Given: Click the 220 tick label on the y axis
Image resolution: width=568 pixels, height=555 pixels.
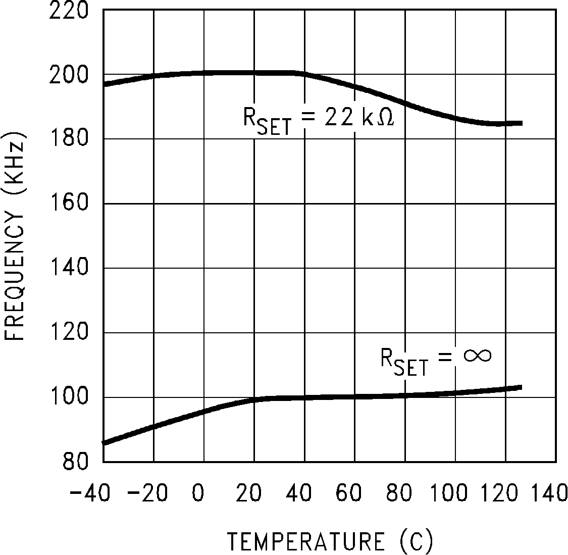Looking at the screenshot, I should pyautogui.click(x=69, y=11).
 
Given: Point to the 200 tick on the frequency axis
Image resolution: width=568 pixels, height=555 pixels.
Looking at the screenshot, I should pyautogui.click(x=69, y=75).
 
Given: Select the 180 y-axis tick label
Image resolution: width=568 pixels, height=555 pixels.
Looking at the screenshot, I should pyautogui.click(x=69, y=139).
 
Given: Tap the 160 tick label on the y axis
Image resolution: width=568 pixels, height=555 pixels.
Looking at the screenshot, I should pyautogui.click(x=69, y=204).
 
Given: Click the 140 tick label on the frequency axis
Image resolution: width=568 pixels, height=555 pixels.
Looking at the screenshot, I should pyautogui.click(x=69, y=268).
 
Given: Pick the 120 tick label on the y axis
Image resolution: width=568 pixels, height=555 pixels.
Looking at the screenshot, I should pyautogui.click(x=69, y=333).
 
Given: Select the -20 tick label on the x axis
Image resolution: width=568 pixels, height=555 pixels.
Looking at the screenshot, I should pyautogui.click(x=147, y=492).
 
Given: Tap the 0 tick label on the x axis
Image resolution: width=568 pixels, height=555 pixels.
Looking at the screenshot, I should pyautogui.click(x=198, y=492).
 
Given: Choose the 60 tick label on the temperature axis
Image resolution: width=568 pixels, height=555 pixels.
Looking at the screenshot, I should pyautogui.click(x=349, y=492).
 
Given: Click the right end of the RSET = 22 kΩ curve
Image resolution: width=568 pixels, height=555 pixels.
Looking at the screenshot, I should pyautogui.click(x=521, y=123).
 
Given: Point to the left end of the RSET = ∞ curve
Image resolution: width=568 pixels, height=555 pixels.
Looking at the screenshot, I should pyautogui.click(x=104, y=443).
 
